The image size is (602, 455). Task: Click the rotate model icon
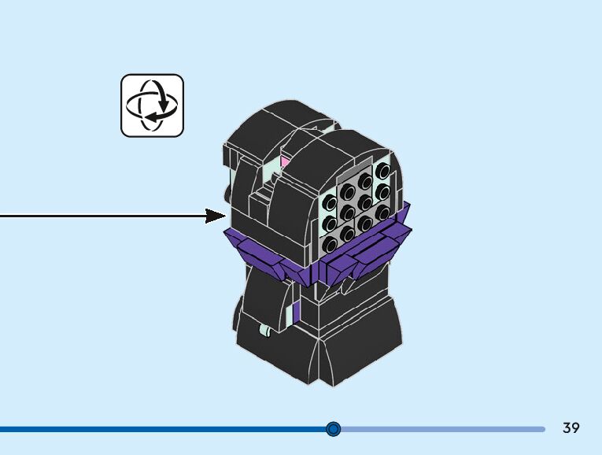pos(152,105)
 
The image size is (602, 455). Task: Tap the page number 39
pos(571,428)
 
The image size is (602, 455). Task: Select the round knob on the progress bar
pos(333,429)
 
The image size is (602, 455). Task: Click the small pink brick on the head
pos(285,163)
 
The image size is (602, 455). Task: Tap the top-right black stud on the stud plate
pos(384,171)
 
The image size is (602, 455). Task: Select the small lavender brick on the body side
pos(294,313)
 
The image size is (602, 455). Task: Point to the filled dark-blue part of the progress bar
pos(157,429)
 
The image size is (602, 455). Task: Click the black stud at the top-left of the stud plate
pos(346,192)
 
